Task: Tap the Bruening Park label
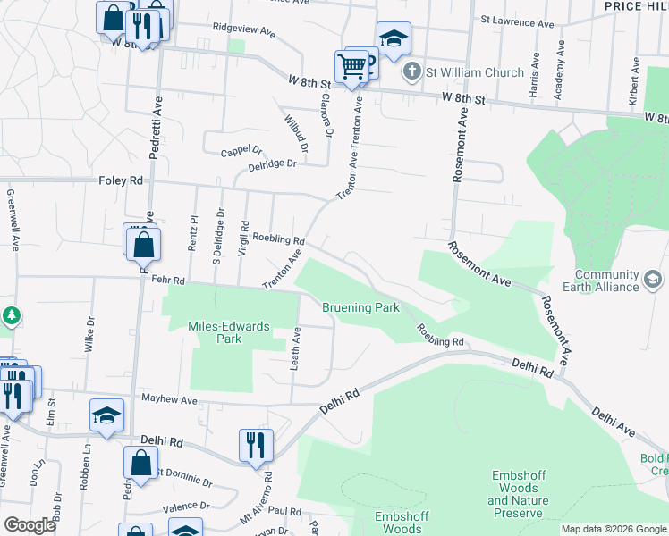360,307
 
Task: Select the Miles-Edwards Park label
229,332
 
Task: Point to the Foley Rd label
121,180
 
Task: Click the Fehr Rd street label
167,281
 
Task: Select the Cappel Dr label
241,152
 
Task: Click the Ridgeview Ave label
243,29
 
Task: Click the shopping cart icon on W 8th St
351,66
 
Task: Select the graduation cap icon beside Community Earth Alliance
654,281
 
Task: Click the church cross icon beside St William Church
411,71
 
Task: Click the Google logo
30,525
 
